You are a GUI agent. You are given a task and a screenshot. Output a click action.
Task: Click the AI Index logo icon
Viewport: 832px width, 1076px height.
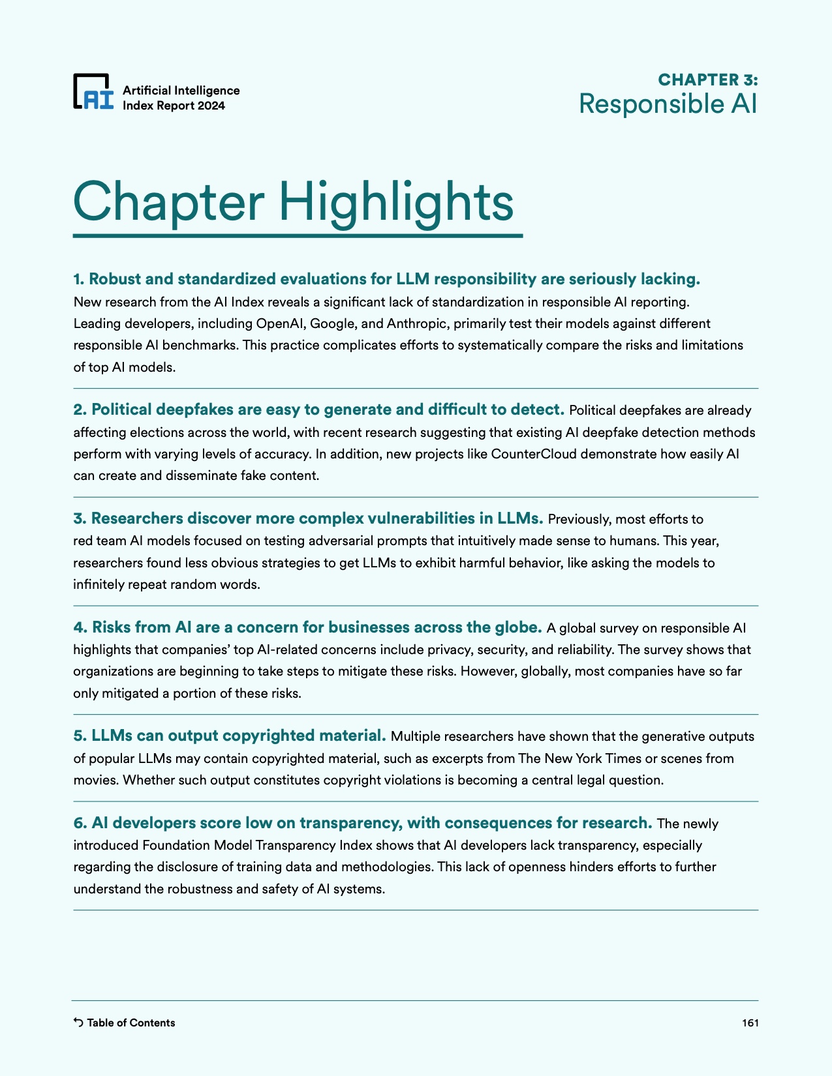click(x=93, y=91)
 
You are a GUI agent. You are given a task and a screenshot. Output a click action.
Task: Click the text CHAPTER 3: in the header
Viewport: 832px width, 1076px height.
click(x=707, y=80)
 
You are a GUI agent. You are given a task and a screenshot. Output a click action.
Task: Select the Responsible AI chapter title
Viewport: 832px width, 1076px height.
click(x=668, y=104)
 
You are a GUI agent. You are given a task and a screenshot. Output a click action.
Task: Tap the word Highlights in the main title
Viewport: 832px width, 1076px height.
click(x=396, y=202)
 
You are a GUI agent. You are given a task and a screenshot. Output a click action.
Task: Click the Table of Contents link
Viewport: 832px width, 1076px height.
click(x=131, y=1023)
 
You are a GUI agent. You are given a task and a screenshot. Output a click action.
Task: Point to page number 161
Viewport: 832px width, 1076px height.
click(x=750, y=1023)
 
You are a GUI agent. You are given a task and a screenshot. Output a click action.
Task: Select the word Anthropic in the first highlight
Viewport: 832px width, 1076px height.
click(x=418, y=323)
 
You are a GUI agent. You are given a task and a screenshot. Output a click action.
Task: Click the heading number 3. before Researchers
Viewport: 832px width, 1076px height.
click(x=80, y=518)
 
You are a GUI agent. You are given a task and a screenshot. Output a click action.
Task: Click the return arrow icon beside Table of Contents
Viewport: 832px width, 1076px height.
click(x=78, y=1023)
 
